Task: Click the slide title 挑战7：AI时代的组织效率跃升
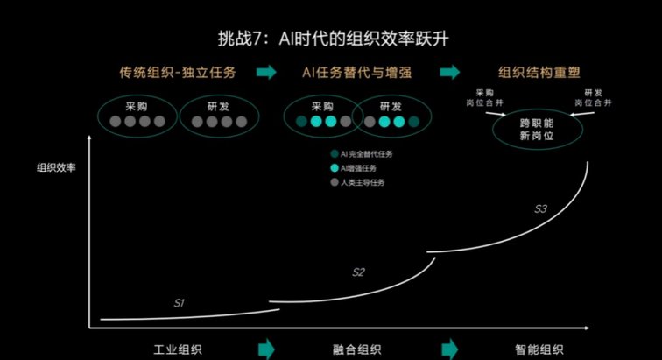coord(333,39)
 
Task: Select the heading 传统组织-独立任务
coord(178,72)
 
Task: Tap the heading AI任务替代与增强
coord(356,72)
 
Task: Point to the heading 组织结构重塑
coord(539,72)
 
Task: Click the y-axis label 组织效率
coord(56,168)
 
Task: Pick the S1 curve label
coord(179,303)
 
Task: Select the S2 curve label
coord(358,272)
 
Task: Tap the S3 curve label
coord(541,208)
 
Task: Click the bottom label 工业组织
coord(178,349)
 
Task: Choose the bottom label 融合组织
coord(356,349)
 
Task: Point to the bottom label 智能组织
coord(539,349)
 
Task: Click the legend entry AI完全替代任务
coord(362,154)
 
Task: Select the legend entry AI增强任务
coord(354,168)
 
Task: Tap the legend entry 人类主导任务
coord(357,182)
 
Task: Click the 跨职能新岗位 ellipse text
coord(537,130)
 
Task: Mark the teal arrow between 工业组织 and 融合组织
coord(266,349)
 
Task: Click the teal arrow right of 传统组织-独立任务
coord(266,72)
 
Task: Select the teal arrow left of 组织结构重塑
coord(449,72)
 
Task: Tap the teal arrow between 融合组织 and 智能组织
coord(449,349)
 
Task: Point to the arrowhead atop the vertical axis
coord(89,138)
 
